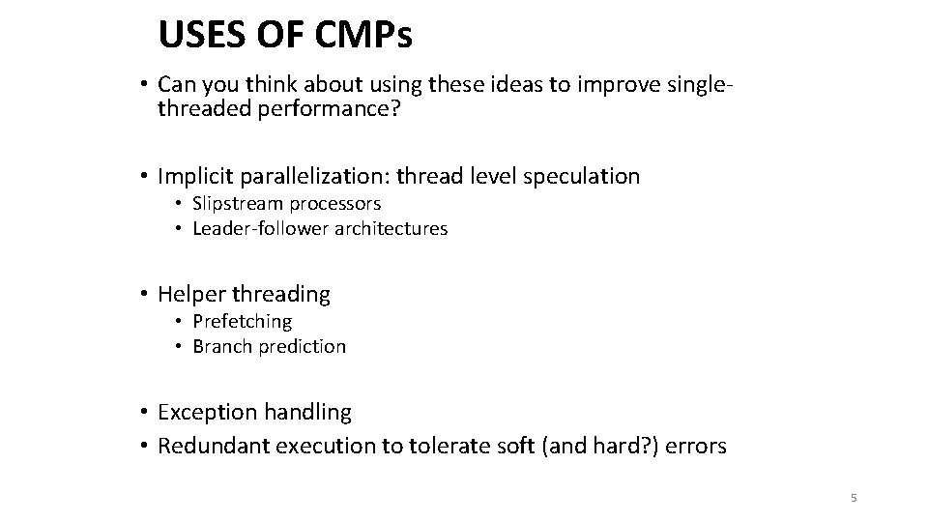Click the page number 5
(853, 498)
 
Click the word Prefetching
(242, 321)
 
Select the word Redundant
(211, 447)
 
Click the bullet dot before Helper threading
(142, 294)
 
